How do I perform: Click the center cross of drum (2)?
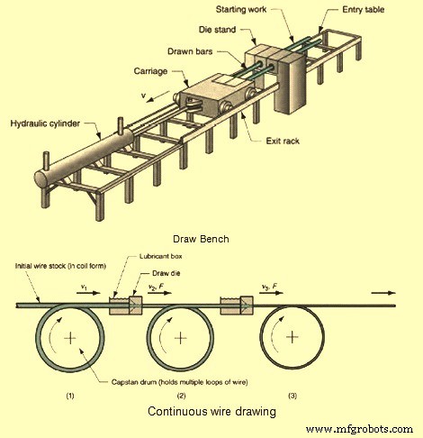[183, 338]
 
